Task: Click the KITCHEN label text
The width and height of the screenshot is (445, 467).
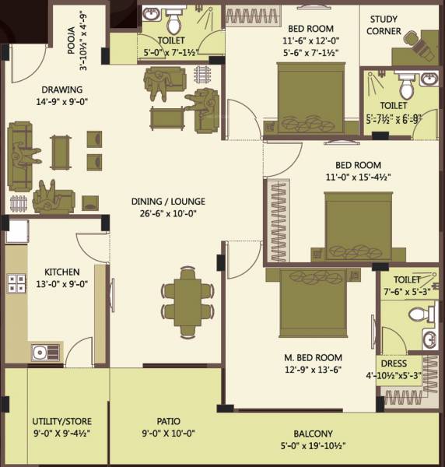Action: tap(61, 272)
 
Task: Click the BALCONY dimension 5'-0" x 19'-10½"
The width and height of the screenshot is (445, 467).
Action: tap(314, 447)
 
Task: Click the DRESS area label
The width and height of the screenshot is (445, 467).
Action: tap(393, 363)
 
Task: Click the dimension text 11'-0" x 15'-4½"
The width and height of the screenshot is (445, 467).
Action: tap(358, 177)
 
